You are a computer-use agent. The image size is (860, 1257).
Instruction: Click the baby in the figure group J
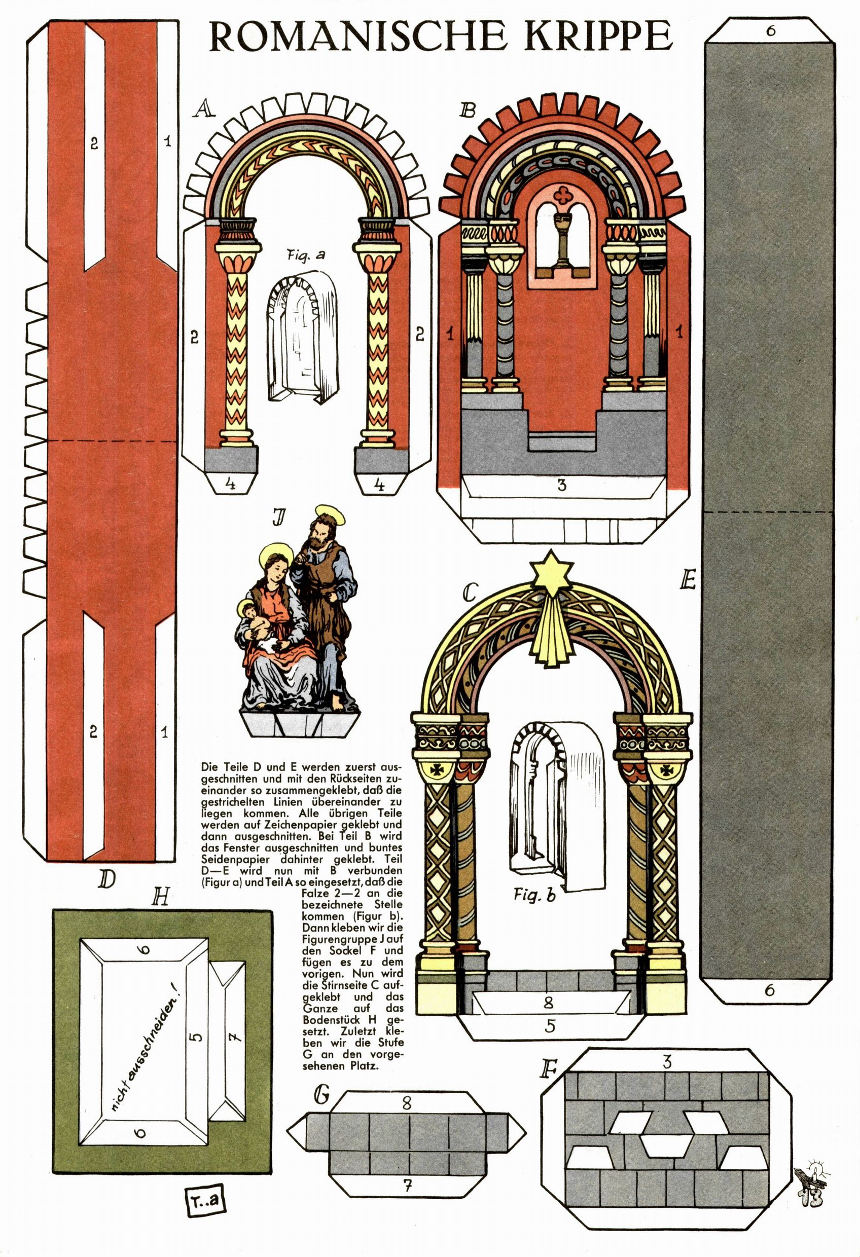click(255, 619)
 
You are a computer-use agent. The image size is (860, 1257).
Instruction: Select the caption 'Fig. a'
click(306, 255)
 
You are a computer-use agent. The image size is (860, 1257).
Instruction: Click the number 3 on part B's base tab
click(562, 485)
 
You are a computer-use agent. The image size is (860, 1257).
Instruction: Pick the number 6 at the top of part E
click(770, 31)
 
